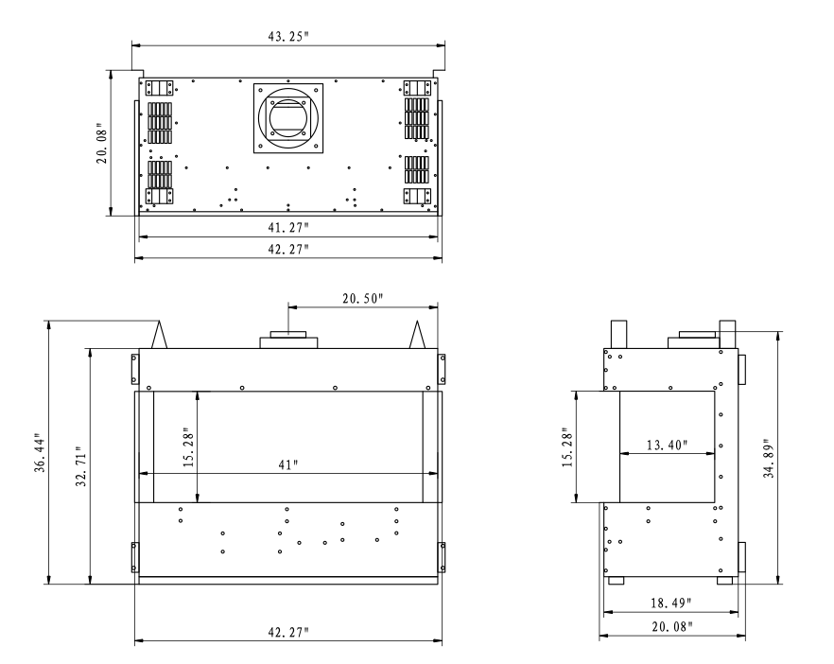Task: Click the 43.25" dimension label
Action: (287, 36)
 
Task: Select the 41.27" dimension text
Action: (287, 227)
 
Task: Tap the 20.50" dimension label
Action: (363, 299)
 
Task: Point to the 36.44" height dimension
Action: (41, 453)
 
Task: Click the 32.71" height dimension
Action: (81, 466)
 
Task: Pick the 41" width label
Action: (287, 464)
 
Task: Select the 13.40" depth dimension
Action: (667, 445)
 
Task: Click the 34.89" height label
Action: (770, 459)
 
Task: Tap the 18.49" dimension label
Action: (671, 603)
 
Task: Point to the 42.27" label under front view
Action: (287, 632)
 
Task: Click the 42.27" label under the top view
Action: (287, 249)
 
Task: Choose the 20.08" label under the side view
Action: (672, 626)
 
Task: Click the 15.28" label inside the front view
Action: (189, 446)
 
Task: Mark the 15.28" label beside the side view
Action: (568, 446)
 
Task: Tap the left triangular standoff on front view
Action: (160, 334)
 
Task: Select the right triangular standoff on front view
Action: (417, 334)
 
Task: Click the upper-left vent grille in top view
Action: (160, 123)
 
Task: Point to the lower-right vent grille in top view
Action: (416, 169)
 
